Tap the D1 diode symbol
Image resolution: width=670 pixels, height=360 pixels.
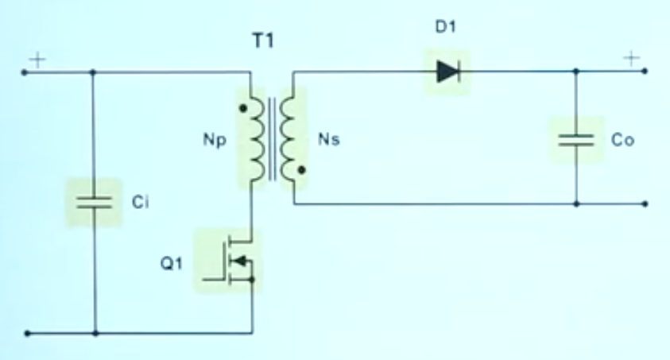coord(448,72)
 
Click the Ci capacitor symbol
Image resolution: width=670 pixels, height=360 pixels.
coord(95,202)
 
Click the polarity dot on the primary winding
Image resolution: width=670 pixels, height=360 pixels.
coord(240,104)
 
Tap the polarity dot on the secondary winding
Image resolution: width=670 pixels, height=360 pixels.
coord(302,170)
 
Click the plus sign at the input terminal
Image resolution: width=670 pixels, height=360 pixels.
coord(37,59)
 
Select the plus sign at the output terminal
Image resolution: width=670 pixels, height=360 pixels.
coord(631,58)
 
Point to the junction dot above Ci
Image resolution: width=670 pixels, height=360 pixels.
coord(95,72)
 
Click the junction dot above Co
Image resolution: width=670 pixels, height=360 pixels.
coord(576,72)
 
